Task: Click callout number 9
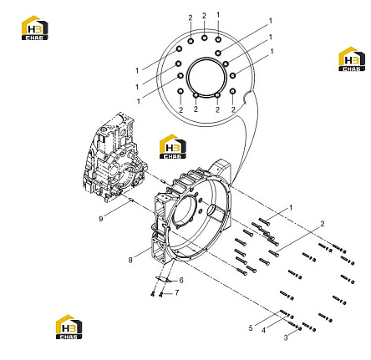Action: tap(101, 219)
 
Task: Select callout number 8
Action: tap(130, 260)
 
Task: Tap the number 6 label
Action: tap(181, 280)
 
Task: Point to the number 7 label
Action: tap(176, 292)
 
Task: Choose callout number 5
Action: tap(251, 328)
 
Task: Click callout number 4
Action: tap(263, 330)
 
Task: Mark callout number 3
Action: tap(286, 337)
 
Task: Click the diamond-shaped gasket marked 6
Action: tap(164, 279)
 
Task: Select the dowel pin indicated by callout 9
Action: tap(131, 200)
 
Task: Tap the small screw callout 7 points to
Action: tap(160, 295)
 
